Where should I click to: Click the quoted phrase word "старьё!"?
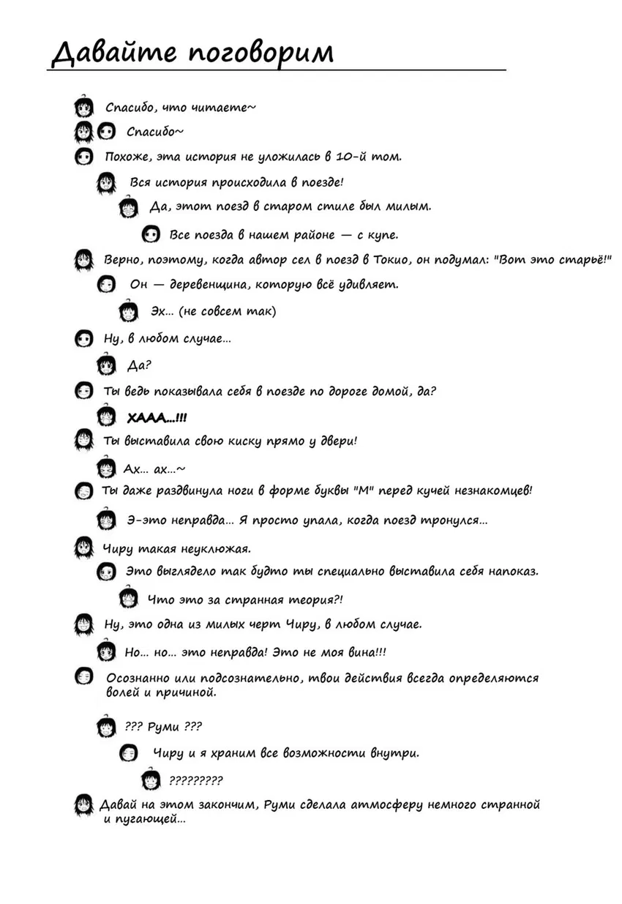coord(574,260)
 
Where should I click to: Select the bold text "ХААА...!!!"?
coord(157,418)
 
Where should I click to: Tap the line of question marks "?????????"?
coord(195,780)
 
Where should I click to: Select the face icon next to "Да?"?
coord(107,365)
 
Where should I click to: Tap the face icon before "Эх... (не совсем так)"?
coord(129,312)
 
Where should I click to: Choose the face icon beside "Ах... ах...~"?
coord(107,468)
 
